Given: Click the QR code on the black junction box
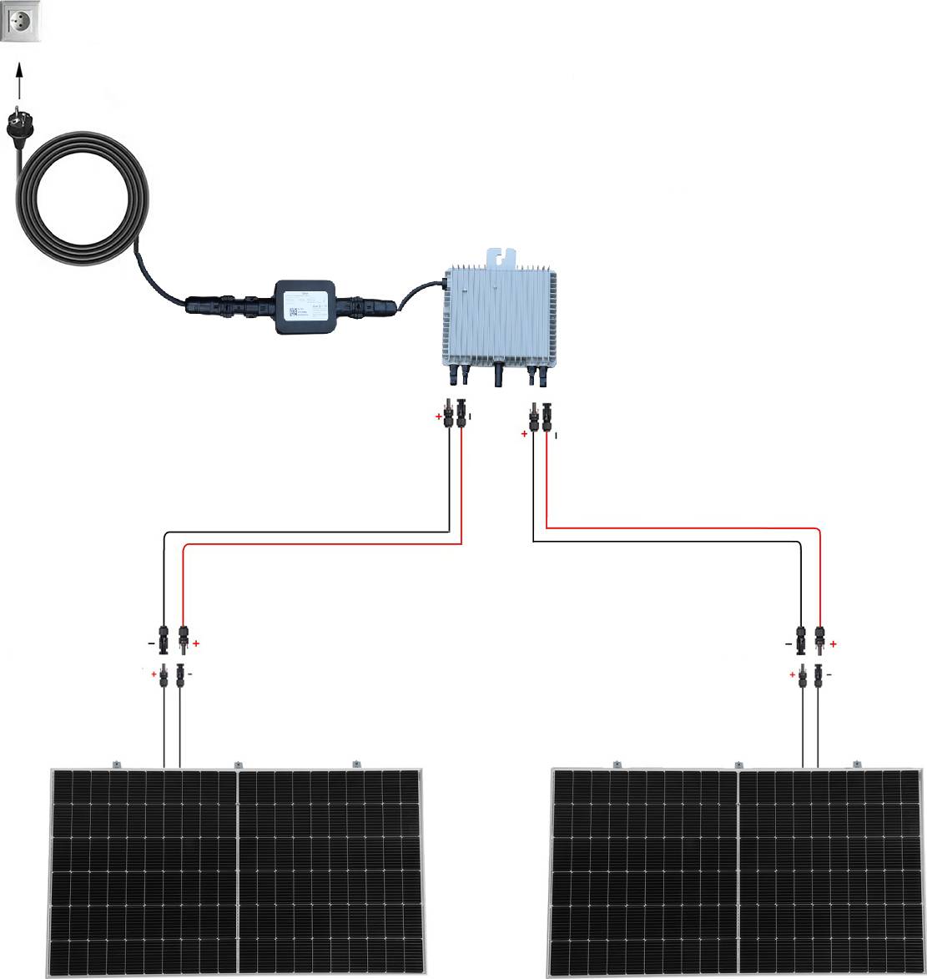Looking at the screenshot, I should (293, 313).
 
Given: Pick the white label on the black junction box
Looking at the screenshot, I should (305, 306).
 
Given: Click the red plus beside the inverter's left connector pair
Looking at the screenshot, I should (439, 415).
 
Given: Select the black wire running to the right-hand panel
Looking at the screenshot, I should (668, 542).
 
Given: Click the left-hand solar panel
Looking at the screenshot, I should (239, 868).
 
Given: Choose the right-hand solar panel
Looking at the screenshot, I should (738, 868).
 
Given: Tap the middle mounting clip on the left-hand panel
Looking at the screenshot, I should (238, 765).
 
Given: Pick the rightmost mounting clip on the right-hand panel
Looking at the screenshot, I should (855, 764).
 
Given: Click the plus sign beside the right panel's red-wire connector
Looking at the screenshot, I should (833, 644).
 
